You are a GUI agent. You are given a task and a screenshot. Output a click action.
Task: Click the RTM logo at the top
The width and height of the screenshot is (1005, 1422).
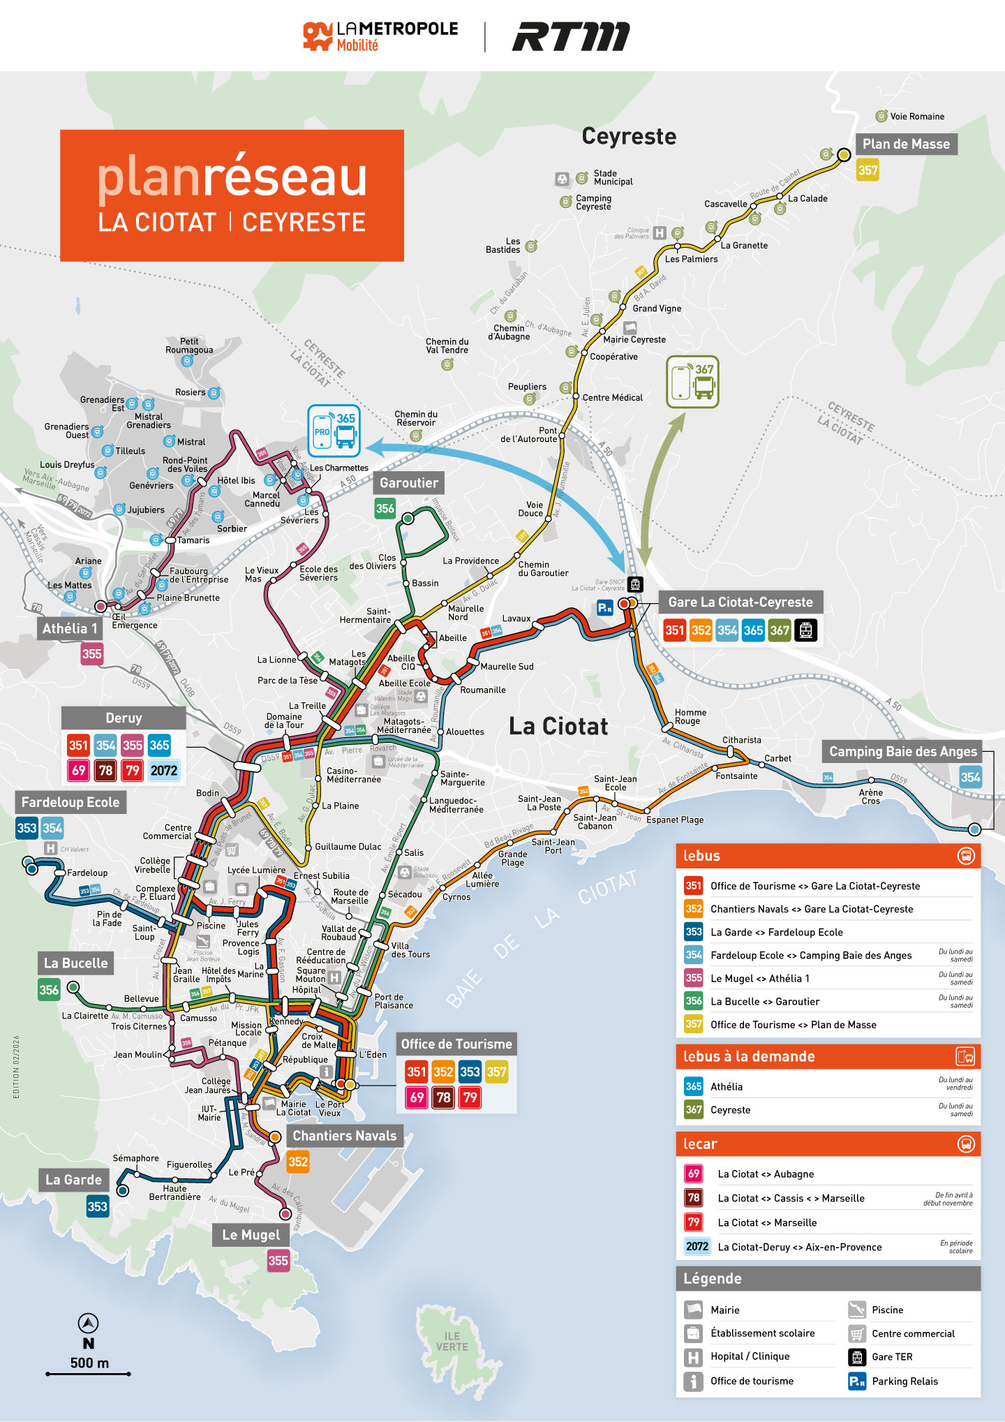pos(571,37)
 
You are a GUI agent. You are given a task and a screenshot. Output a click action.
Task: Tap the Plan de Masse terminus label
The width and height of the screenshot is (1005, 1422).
pos(906,145)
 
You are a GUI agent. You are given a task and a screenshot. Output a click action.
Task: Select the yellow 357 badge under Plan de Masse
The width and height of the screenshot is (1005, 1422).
pos(868,170)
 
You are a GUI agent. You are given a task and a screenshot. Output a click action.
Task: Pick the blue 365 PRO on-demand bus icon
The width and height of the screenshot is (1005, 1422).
pos(334,431)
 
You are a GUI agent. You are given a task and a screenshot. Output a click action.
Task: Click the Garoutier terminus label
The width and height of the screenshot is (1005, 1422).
pos(409,483)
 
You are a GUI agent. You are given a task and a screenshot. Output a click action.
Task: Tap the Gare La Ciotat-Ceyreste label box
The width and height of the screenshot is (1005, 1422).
pos(740,602)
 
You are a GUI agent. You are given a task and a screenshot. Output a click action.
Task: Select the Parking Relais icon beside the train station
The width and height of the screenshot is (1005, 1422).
pos(604,607)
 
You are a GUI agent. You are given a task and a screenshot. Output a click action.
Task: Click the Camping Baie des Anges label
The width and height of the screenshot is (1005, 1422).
pos(902,752)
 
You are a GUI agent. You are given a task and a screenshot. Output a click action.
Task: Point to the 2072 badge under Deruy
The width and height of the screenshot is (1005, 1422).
pos(164,771)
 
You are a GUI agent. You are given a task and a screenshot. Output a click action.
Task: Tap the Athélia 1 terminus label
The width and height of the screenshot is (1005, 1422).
pos(70,628)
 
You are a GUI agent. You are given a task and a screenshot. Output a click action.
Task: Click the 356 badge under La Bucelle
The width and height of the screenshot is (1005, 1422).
pos(49,990)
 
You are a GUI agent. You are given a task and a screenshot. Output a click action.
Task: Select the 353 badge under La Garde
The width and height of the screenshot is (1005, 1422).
pos(97,1206)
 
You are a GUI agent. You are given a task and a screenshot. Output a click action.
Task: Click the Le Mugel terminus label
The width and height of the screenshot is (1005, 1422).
pos(251,1235)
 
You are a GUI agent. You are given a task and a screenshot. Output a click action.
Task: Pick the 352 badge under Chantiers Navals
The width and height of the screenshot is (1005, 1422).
pos(298,1162)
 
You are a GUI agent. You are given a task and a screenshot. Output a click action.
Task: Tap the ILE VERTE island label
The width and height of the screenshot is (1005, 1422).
pos(452,1342)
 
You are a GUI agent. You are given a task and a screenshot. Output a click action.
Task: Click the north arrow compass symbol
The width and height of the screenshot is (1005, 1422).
pos(88,1323)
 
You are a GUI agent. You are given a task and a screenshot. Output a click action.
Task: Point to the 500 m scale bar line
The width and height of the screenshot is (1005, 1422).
pos(89,1374)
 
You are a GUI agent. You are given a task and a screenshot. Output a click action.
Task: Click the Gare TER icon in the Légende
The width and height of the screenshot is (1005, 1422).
pos(857,1356)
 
